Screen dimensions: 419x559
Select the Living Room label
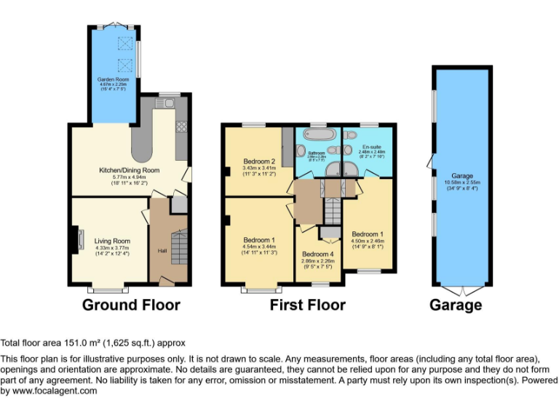(x=112, y=241)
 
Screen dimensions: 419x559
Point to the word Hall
(x=162, y=251)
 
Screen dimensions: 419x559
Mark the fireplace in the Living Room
(x=76, y=239)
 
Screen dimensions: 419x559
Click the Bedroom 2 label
(x=258, y=161)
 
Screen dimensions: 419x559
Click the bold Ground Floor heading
(x=131, y=305)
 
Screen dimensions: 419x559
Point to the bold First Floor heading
(x=307, y=305)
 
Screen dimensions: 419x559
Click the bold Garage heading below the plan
(x=455, y=305)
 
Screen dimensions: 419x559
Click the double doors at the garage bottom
(x=462, y=290)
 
